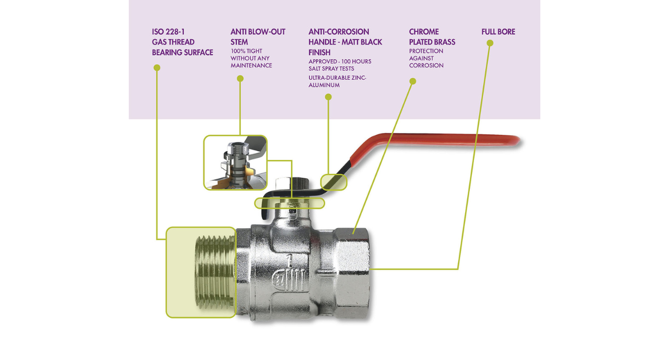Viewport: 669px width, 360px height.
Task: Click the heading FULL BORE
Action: point(498,32)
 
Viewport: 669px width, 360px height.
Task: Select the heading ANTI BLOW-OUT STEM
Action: point(257,37)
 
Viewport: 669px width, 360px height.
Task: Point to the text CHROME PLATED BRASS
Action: point(432,37)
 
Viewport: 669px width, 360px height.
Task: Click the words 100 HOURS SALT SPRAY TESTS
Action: point(340,65)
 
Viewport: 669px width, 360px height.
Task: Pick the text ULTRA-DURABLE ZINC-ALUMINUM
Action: point(337,81)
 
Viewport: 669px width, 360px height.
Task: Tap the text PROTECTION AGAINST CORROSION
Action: point(426,58)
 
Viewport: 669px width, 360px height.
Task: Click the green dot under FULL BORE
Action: point(490,43)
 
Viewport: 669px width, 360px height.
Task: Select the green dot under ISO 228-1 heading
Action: point(157,67)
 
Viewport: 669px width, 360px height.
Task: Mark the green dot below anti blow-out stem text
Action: point(240,79)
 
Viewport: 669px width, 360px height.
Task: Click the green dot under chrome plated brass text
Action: point(412,81)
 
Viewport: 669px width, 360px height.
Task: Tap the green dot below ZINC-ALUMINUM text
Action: point(328,97)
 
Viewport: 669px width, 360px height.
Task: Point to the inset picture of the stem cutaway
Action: point(235,163)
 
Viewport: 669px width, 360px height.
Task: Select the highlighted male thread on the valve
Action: point(201,272)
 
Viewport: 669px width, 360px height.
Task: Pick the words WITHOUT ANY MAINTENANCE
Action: point(251,62)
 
